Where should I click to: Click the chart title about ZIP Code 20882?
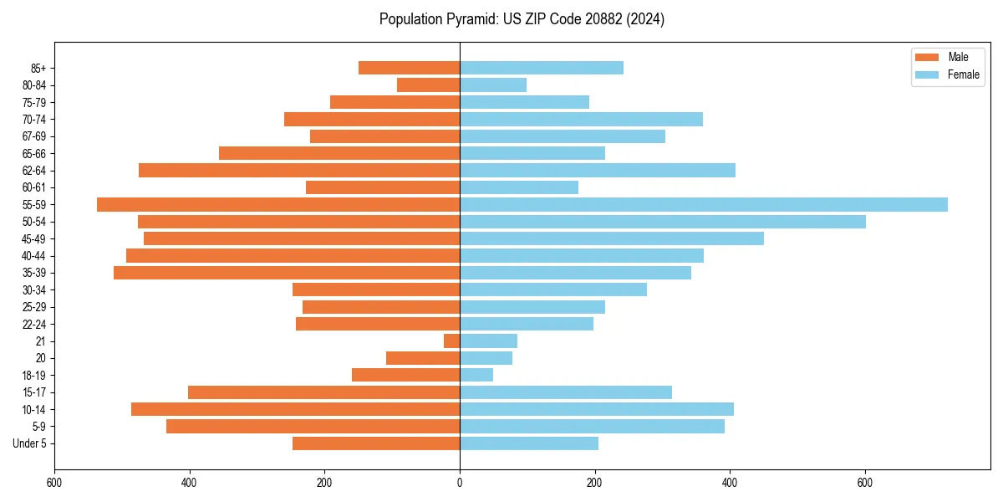pyautogui.click(x=522, y=19)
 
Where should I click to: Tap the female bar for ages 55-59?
pyautogui.click(x=703, y=205)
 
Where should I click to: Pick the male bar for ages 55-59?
pyautogui.click(x=278, y=205)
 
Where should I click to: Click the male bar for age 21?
pyautogui.click(x=451, y=341)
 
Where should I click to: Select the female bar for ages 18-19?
pyautogui.click(x=476, y=375)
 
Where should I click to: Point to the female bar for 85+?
pyautogui.click(x=541, y=68)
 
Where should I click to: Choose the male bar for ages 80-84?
pyautogui.click(x=428, y=85)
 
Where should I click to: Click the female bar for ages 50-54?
pyautogui.click(x=662, y=222)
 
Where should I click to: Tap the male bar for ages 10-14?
pyautogui.click(x=295, y=409)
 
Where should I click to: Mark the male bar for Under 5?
pyautogui.click(x=376, y=443)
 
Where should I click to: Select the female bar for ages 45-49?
pyautogui.click(x=611, y=238)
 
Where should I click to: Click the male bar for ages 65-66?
pyautogui.click(x=339, y=153)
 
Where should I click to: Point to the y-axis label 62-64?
pyautogui.click(x=34, y=171)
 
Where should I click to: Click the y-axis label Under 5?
pyautogui.click(x=29, y=443)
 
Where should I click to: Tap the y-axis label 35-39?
pyautogui.click(x=34, y=273)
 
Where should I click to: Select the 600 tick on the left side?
pyautogui.click(x=54, y=483)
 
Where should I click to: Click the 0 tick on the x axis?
pyautogui.click(x=460, y=483)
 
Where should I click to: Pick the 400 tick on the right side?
pyautogui.click(x=730, y=483)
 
